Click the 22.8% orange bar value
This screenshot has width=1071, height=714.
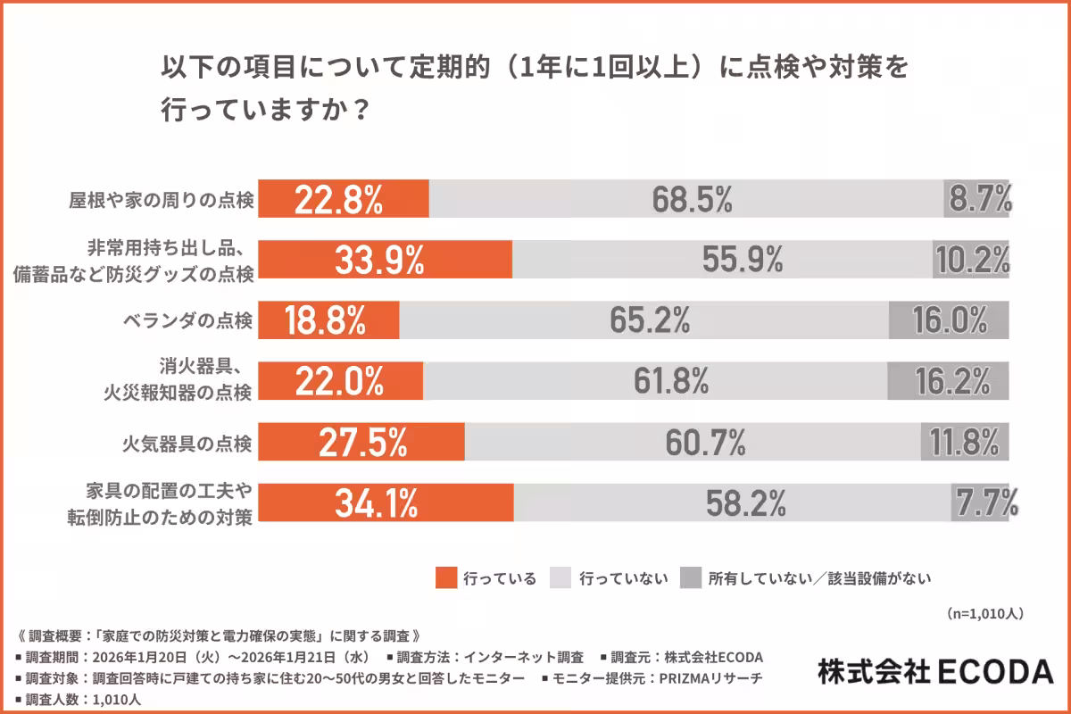pos(343,199)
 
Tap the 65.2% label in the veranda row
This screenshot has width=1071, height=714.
pos(651,320)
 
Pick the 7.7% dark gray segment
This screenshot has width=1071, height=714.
pos(984,503)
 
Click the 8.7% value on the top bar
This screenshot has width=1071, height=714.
pos(978,199)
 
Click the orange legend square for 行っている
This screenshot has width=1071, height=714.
pos(445,577)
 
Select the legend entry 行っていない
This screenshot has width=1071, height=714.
pos(623,578)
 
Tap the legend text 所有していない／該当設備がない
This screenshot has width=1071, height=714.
pos(820,578)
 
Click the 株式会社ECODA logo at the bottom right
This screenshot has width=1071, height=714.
pos(934,671)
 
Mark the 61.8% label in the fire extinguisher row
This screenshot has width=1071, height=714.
pos(671,381)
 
